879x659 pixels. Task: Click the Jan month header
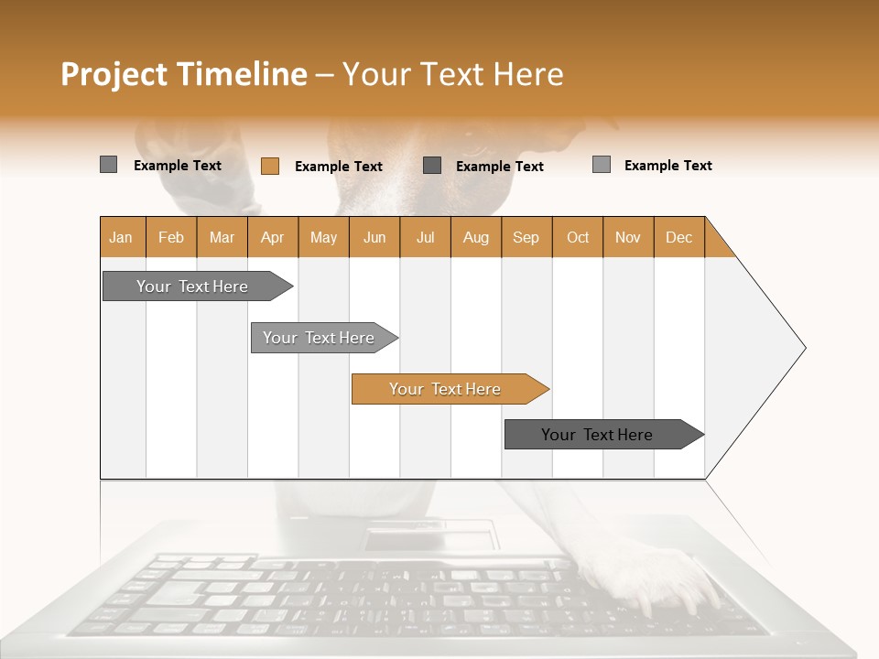click(122, 237)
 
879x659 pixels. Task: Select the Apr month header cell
click(273, 237)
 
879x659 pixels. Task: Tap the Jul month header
click(425, 237)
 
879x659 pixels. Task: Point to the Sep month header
click(526, 237)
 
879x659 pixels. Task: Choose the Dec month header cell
click(678, 237)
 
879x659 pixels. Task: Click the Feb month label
click(171, 237)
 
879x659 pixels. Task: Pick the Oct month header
click(577, 237)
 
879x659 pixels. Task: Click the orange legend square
click(269, 166)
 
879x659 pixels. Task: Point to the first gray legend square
click(108, 165)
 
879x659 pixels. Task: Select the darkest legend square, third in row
click(432, 165)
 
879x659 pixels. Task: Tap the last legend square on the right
click(601, 165)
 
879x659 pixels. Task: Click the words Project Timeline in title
click(183, 74)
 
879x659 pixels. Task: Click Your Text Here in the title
click(453, 74)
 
